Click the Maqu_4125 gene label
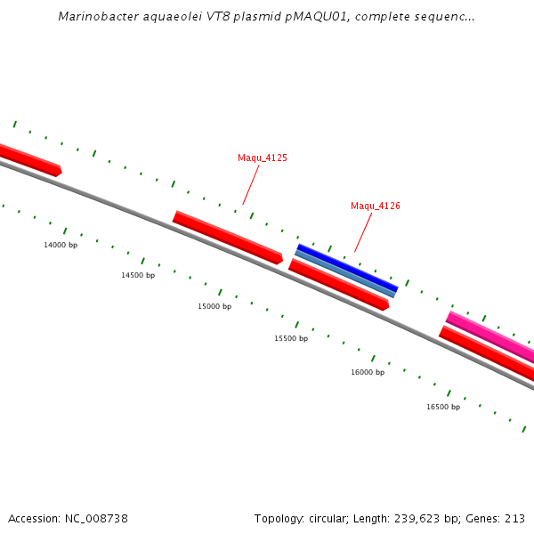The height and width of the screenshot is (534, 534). click(262, 158)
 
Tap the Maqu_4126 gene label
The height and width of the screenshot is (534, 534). click(375, 206)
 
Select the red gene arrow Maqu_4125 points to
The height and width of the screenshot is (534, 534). click(227, 237)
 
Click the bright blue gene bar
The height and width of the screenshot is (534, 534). click(347, 266)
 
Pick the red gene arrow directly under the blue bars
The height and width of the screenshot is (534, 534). click(338, 284)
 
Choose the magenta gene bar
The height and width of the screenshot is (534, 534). click(489, 336)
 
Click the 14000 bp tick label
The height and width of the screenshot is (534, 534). click(61, 245)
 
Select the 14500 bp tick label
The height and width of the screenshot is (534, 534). click(138, 276)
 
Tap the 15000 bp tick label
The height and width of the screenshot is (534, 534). click(214, 307)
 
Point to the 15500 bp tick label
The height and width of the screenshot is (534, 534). click(291, 339)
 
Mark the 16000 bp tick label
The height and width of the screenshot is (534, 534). click(368, 373)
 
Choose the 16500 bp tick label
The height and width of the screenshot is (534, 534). click(443, 408)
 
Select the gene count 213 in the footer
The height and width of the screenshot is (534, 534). click(515, 519)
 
